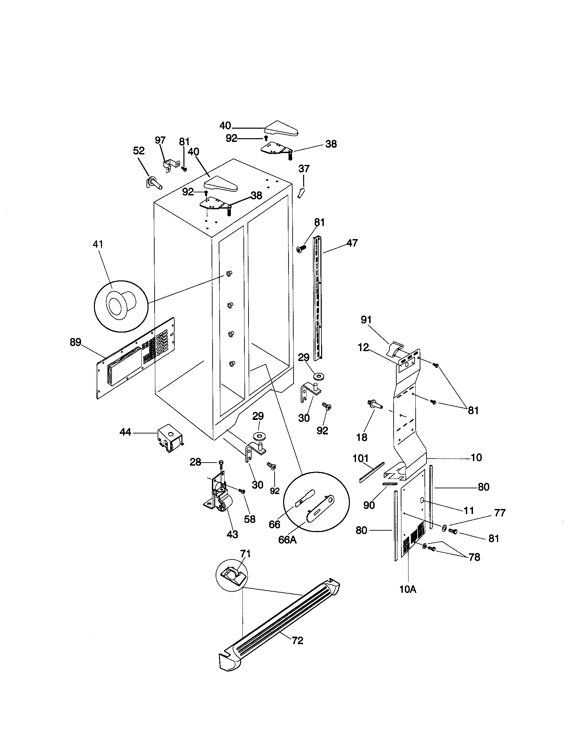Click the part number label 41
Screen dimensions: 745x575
[98, 244]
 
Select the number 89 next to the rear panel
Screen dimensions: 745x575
[76, 342]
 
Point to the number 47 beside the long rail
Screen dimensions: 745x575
[352, 243]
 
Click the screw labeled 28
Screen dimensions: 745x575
[221, 463]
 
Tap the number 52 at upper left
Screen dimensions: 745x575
[139, 151]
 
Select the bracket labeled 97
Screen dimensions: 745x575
[168, 165]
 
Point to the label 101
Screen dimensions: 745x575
[361, 458]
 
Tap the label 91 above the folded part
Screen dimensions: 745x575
[366, 320]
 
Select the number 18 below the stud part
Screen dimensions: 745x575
[362, 437]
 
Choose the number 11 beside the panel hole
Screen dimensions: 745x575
[469, 510]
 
